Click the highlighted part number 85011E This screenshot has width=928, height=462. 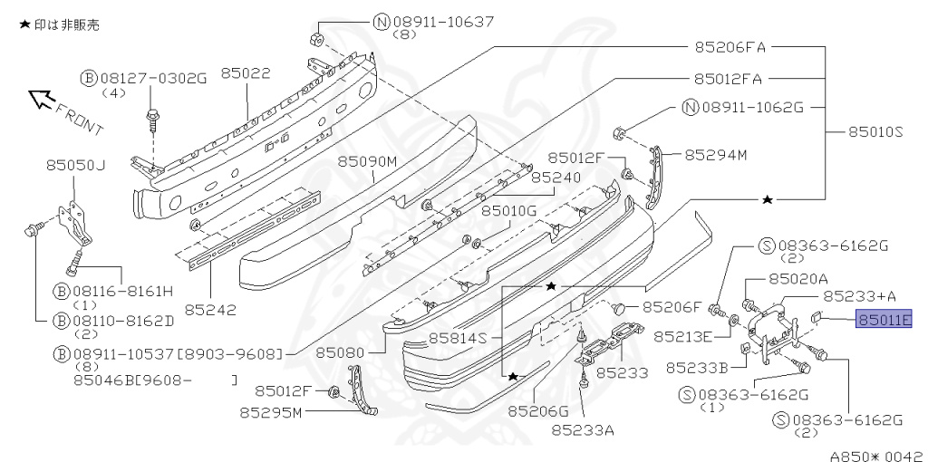tap(884, 319)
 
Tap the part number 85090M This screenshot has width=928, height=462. tap(368, 161)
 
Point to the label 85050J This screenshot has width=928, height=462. tap(76, 165)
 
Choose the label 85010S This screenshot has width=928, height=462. tap(876, 132)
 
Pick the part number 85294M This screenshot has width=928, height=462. tap(715, 155)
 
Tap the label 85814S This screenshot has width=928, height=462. tap(459, 338)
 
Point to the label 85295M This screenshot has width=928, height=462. tap(271, 413)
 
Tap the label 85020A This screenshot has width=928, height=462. tap(797, 279)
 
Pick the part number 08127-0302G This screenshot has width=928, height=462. tap(152, 78)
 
